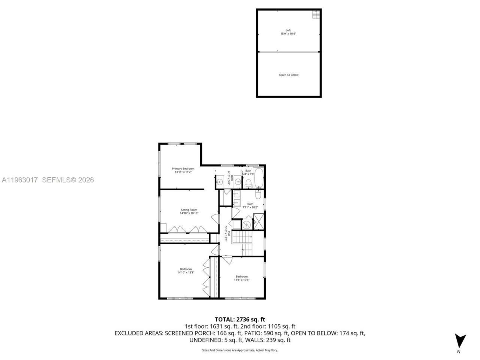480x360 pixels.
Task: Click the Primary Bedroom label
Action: [x=183, y=169]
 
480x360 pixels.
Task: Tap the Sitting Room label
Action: [x=189, y=210]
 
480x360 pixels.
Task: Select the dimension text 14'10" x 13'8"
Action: [x=186, y=273]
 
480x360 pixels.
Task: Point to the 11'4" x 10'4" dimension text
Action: [x=241, y=280]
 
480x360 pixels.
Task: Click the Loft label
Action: [x=288, y=30]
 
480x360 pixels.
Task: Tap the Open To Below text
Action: [x=289, y=75]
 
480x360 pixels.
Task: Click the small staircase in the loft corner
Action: [x=316, y=15]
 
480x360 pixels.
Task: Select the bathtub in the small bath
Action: [x=259, y=180]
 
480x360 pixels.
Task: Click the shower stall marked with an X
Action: [x=259, y=221]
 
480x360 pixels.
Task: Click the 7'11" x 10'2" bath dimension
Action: [x=250, y=207]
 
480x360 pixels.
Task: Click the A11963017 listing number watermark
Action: [x=19, y=180]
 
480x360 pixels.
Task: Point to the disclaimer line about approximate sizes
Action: [x=240, y=350]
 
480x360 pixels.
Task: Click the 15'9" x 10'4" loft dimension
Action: [x=288, y=34]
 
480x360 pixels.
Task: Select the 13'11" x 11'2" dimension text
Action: [x=183, y=172]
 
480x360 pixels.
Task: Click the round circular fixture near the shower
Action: [x=246, y=224]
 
